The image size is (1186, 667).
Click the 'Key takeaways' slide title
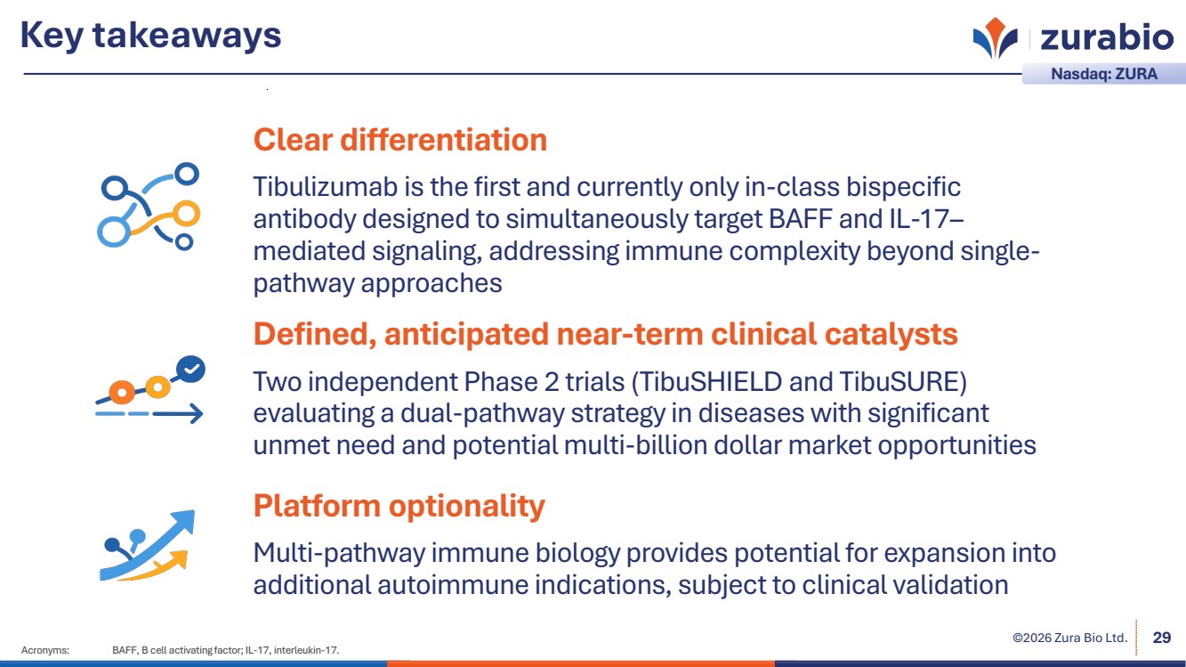[x=151, y=36]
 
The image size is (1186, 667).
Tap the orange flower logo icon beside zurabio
[x=996, y=37]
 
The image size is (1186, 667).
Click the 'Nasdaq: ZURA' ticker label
[x=1104, y=74]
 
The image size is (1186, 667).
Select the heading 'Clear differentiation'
[x=400, y=140]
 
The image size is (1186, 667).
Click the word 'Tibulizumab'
[x=325, y=187]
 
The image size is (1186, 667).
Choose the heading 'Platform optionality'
[x=399, y=506]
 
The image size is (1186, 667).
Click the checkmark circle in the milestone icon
[x=190, y=369]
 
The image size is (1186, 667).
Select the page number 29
[x=1162, y=638]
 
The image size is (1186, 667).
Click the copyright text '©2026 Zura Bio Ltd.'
[x=1070, y=638]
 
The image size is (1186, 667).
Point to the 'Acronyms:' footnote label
[x=45, y=650]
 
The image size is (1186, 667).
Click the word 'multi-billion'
[x=635, y=445]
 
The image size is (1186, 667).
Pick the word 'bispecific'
[x=903, y=187]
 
